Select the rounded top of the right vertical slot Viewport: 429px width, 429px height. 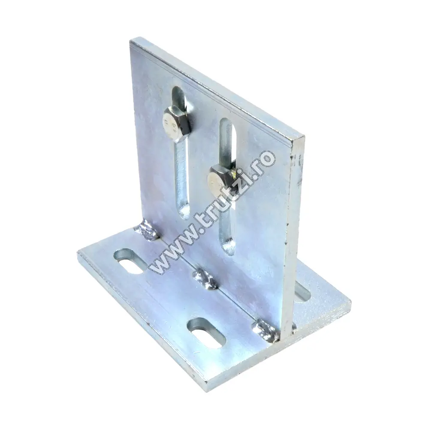(x=227, y=123)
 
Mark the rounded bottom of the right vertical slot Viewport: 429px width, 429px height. (x=228, y=248)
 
